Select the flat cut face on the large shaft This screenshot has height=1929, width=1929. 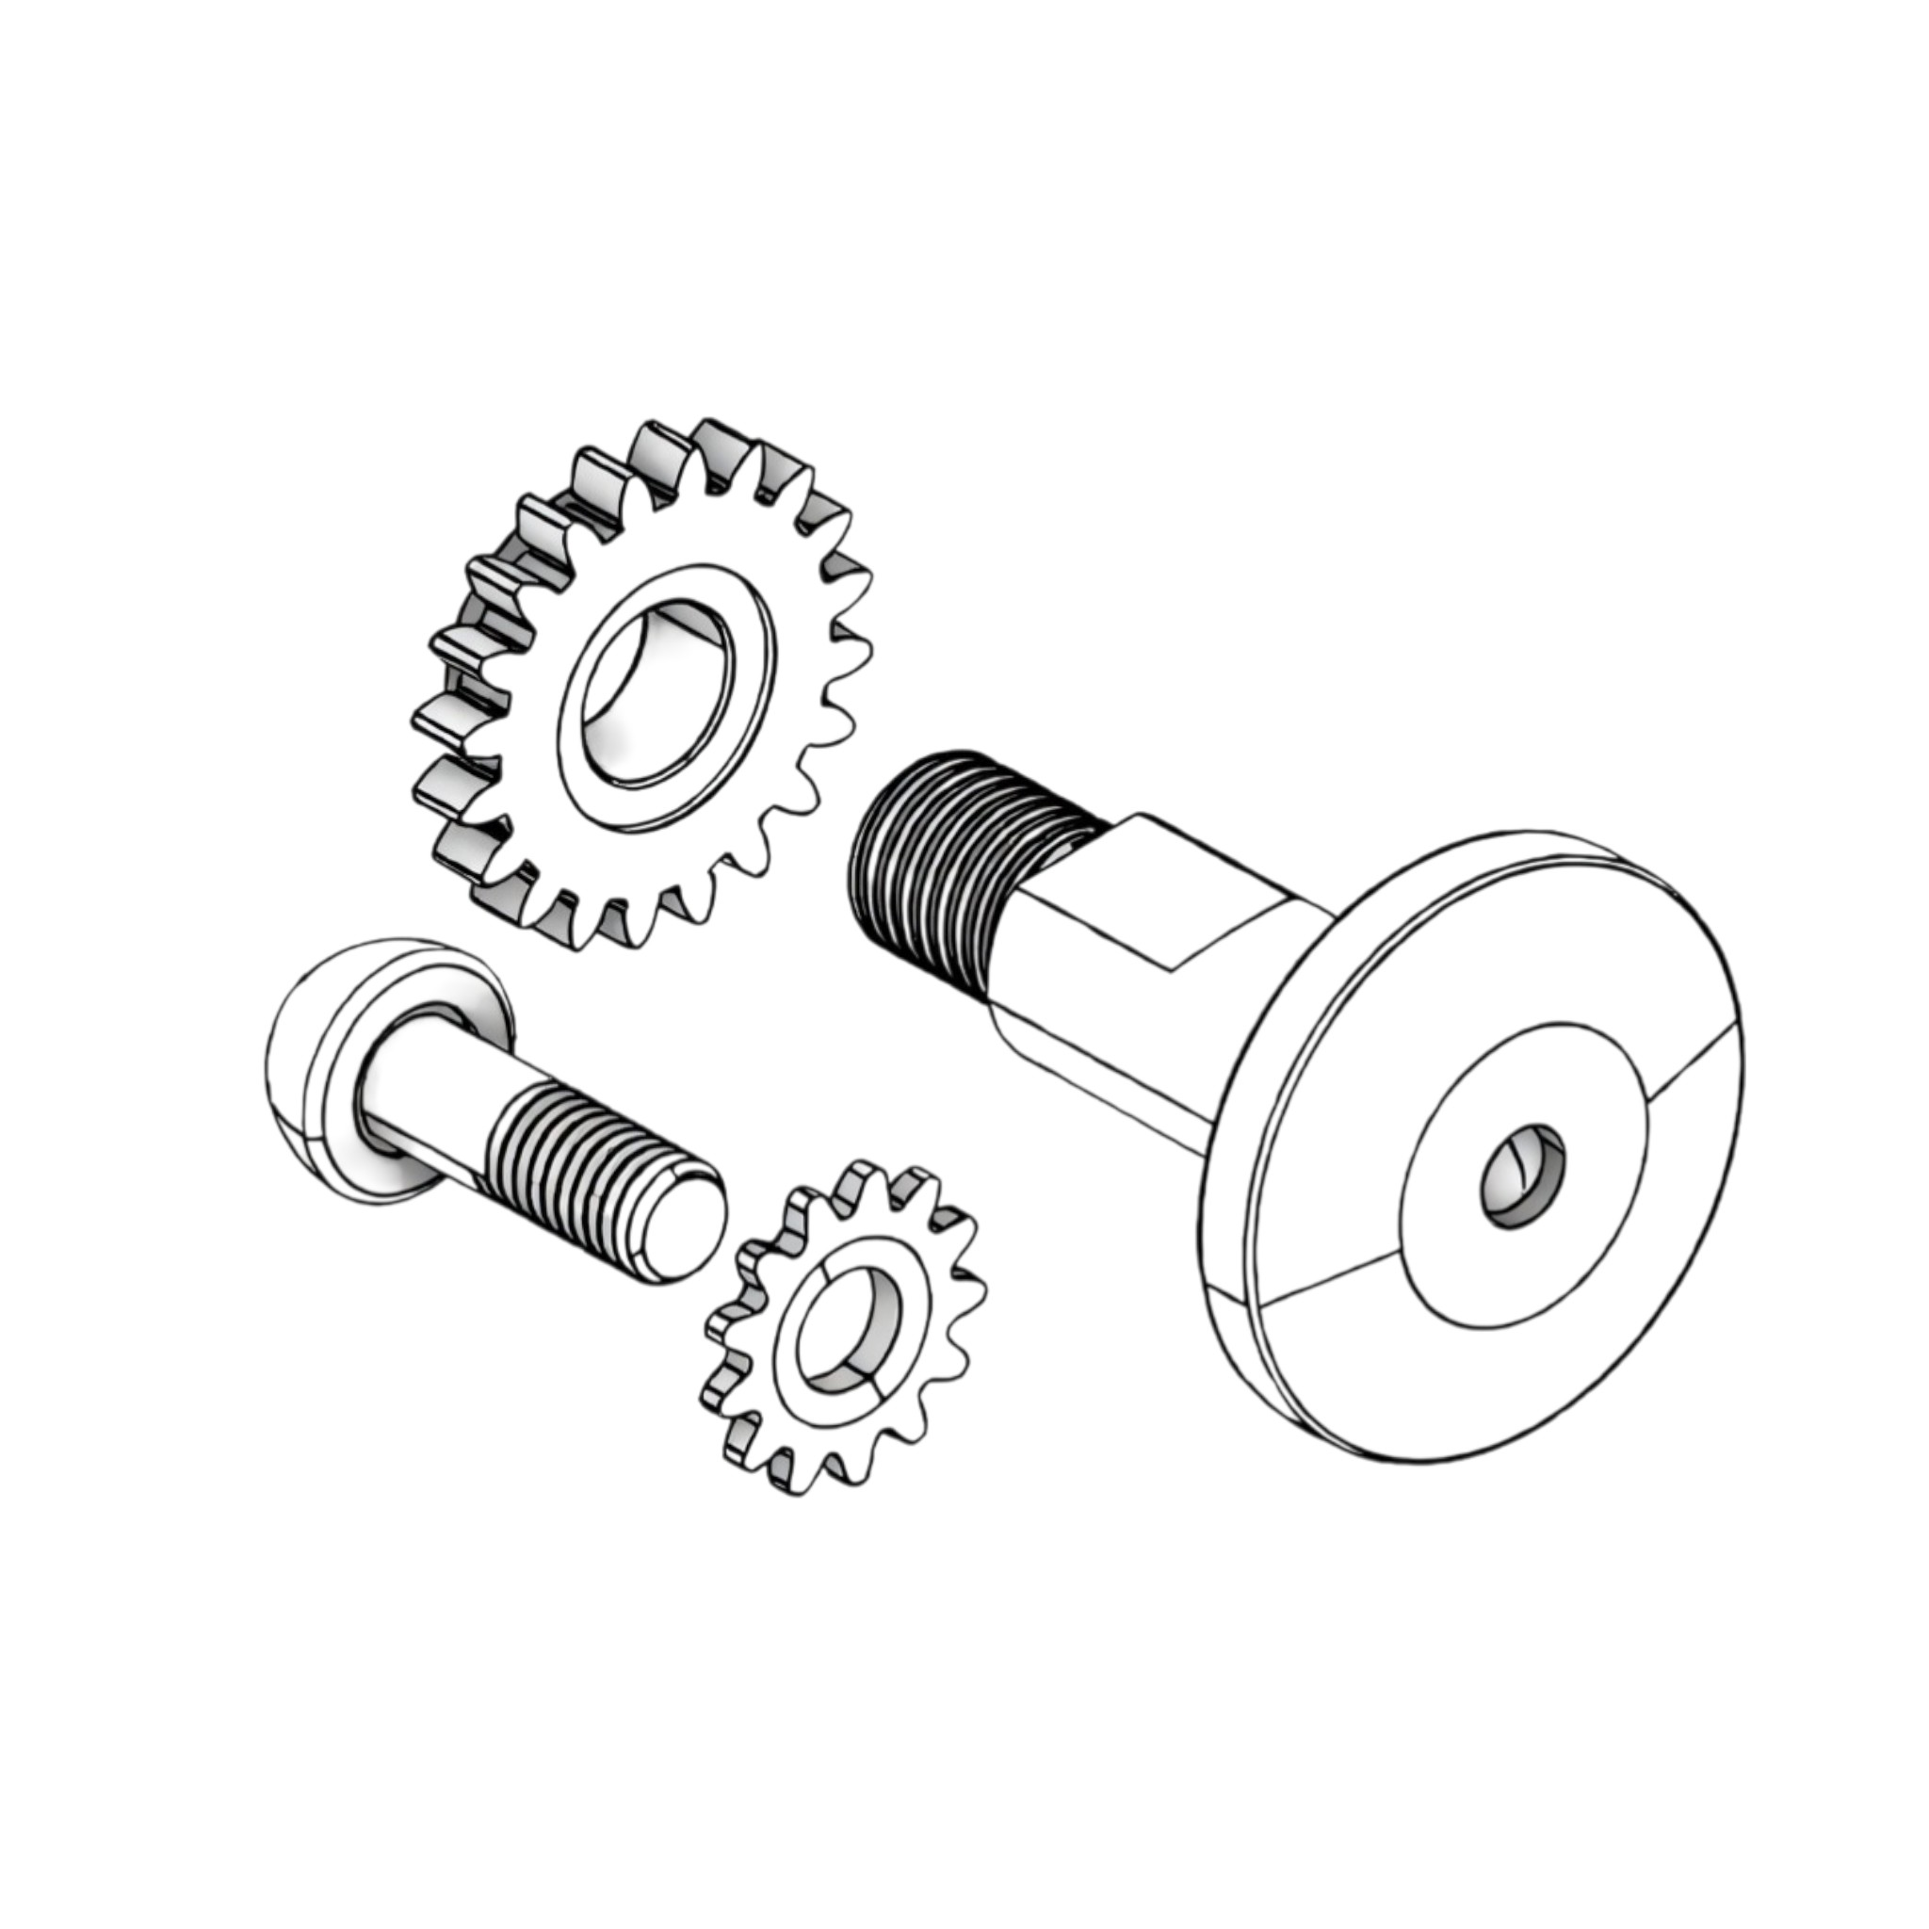[1183, 888]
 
